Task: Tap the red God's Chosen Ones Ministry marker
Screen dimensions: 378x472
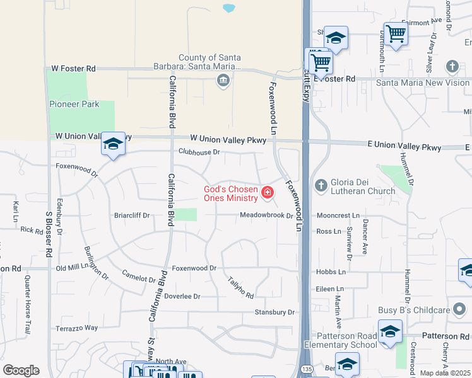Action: click(268, 192)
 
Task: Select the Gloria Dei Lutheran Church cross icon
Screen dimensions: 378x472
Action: click(321, 185)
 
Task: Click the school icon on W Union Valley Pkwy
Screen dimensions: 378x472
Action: click(113, 144)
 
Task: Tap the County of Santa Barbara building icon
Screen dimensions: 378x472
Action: click(223, 81)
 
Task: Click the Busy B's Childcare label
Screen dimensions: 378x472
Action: click(414, 310)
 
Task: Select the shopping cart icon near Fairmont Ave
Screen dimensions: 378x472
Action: click(396, 33)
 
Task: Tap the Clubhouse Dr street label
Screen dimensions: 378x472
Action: click(199, 152)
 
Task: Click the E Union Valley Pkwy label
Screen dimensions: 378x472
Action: click(404, 147)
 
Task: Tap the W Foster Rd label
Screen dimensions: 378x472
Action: click(74, 68)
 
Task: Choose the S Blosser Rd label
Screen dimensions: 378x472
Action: click(48, 234)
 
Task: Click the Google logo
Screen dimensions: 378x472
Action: click(21, 370)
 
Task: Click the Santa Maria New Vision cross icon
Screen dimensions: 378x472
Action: click(452, 66)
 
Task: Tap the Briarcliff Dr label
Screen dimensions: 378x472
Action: click(131, 215)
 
